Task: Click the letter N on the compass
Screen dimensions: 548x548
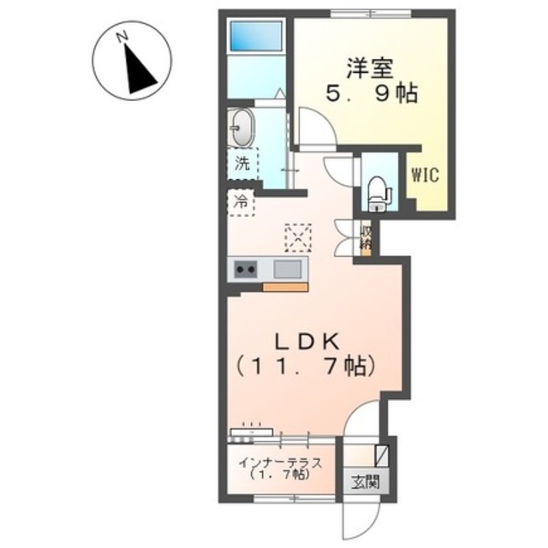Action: coord(122,37)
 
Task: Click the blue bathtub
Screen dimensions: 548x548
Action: coord(256,36)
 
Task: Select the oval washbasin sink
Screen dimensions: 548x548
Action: coord(243,128)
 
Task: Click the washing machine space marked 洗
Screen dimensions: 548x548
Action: coord(243,163)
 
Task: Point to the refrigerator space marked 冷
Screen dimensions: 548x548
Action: coord(241,202)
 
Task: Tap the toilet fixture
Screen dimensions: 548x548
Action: coord(378,194)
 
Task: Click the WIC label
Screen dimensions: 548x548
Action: coord(425,175)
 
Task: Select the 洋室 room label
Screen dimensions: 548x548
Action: coord(370,68)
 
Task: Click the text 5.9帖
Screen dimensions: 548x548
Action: coord(372,93)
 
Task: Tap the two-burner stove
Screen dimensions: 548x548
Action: coord(246,269)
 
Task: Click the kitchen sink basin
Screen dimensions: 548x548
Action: coord(288,269)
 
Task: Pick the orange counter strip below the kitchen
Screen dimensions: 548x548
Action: coord(285,288)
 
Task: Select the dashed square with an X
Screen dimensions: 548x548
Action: coord(298,238)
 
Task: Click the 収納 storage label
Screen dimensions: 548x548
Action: coord(366,238)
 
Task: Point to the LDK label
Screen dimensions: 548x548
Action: coord(307,342)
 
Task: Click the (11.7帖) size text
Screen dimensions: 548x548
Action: coord(305,366)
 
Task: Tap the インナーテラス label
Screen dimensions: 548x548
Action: coord(280,463)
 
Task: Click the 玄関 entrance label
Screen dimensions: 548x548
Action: coord(366,484)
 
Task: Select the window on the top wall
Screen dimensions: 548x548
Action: coord(371,14)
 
